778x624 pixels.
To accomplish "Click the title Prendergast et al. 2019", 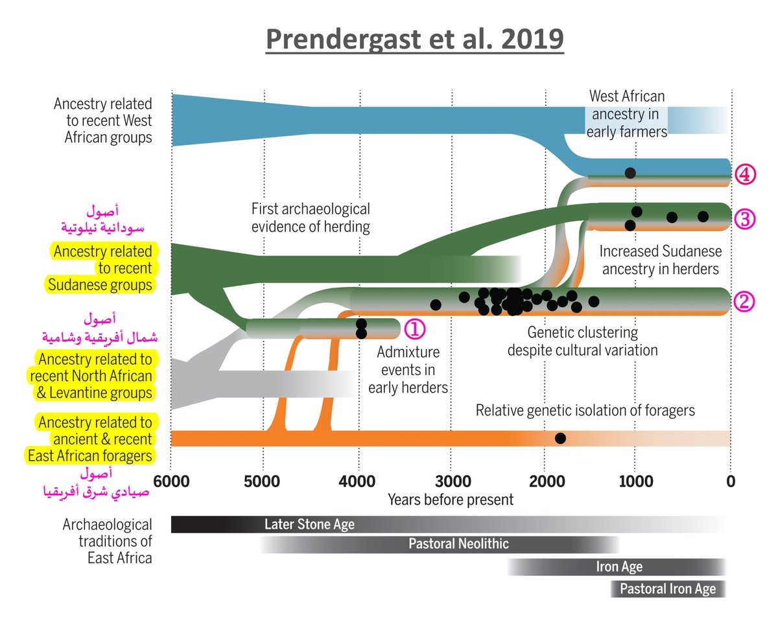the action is pos(415,40).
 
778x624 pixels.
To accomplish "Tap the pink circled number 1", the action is pos(414,329).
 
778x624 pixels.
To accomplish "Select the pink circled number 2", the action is pos(744,301).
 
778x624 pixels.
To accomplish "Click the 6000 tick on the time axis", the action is pos(171,483).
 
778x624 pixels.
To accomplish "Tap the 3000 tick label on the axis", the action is pos(451,483).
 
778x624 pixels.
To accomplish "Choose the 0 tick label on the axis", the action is pos(730,483).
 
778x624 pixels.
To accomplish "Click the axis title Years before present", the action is pos(451,500).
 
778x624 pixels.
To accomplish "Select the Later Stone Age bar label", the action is pos(309,524).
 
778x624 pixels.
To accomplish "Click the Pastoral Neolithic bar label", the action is pos(458,544).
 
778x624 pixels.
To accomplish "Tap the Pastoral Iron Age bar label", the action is pos(668,589).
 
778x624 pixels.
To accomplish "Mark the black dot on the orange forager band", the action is pos(560,439).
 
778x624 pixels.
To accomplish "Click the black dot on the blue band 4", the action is pos(630,173).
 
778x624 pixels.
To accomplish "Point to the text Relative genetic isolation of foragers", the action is pos(585,410).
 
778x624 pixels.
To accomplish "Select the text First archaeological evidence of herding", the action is pos(311,218).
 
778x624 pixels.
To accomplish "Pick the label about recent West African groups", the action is pos(103,121).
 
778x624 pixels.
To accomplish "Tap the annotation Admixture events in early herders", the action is pos(408,370).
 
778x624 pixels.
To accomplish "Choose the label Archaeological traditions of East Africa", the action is pos(108,540).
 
